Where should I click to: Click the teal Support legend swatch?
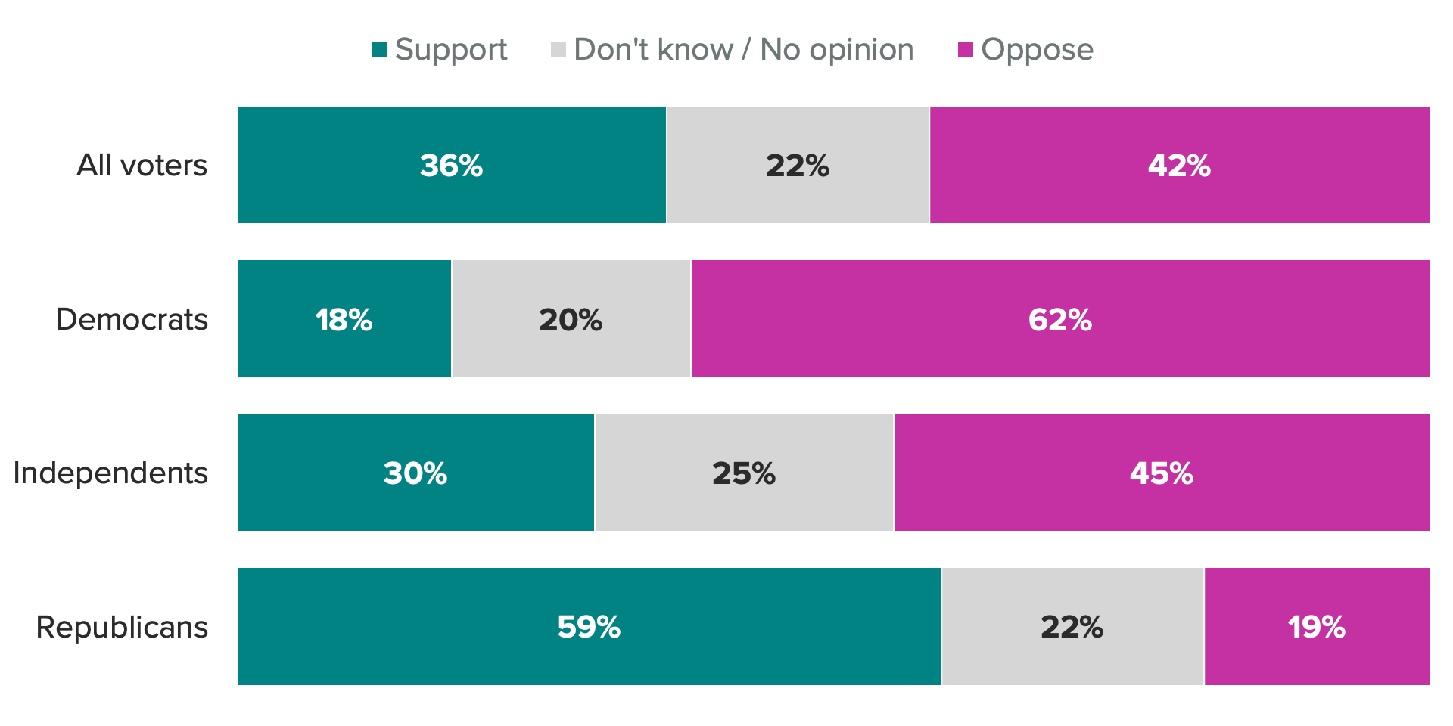pos(380,50)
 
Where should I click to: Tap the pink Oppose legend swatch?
pos(965,50)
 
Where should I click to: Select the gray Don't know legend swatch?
pos(558,50)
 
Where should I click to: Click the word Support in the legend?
pos(451,50)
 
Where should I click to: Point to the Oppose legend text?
pos(1037,50)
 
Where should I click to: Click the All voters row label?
pos(142,165)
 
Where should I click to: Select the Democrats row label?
pos(132,319)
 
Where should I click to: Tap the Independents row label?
pos(110,473)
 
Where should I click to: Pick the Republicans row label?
pos(122,627)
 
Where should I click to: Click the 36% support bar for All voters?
pos(452,165)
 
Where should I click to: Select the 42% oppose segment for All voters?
pos(1179,165)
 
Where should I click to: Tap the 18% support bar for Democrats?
pos(344,319)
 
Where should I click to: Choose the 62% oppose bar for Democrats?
pos(1059,319)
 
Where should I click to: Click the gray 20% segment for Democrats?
pos(571,319)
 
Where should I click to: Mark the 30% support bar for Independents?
pos(415,473)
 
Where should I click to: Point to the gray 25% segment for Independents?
pos(744,473)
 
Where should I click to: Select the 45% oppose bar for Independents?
pos(1161,473)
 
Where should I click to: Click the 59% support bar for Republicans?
pos(589,627)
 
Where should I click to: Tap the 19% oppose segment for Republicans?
pos(1317,627)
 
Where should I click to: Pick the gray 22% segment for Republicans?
pos(1072,627)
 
